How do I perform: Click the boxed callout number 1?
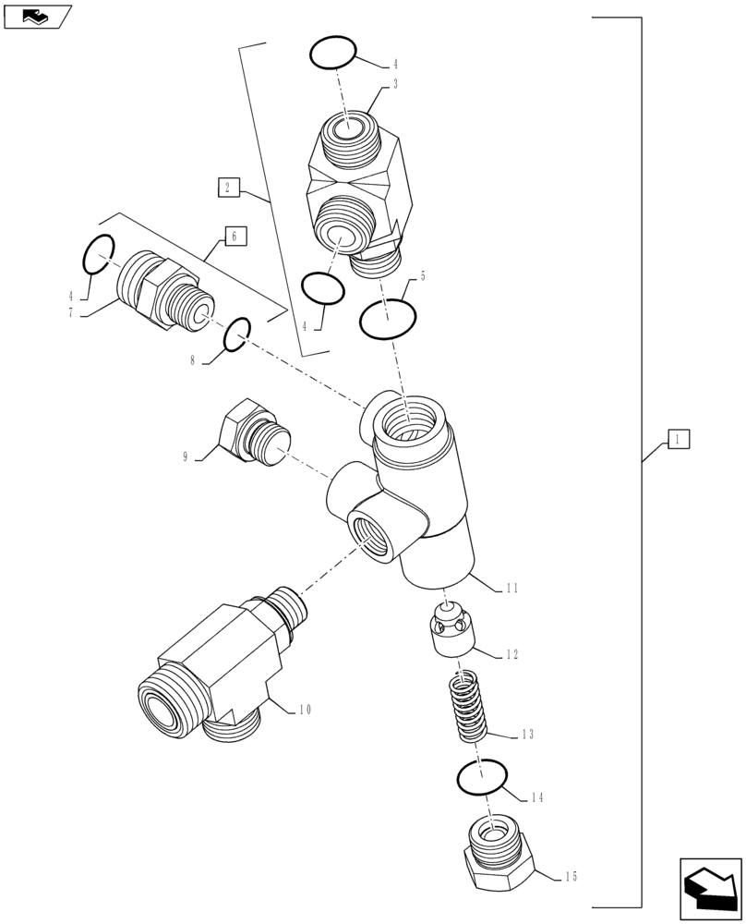click(678, 439)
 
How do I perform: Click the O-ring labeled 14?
click(482, 778)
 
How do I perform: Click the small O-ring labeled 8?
click(235, 334)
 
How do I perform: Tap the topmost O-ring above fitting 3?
click(332, 53)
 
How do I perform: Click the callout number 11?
click(513, 587)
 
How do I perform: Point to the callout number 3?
click(394, 84)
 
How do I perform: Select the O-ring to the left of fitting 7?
click(99, 254)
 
